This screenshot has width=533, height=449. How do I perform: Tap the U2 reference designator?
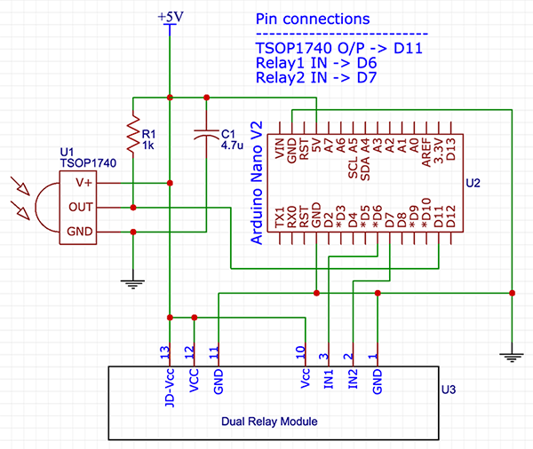coord(473,183)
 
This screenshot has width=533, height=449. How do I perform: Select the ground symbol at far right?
coord(512,356)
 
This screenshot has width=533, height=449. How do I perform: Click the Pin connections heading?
coord(312,20)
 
